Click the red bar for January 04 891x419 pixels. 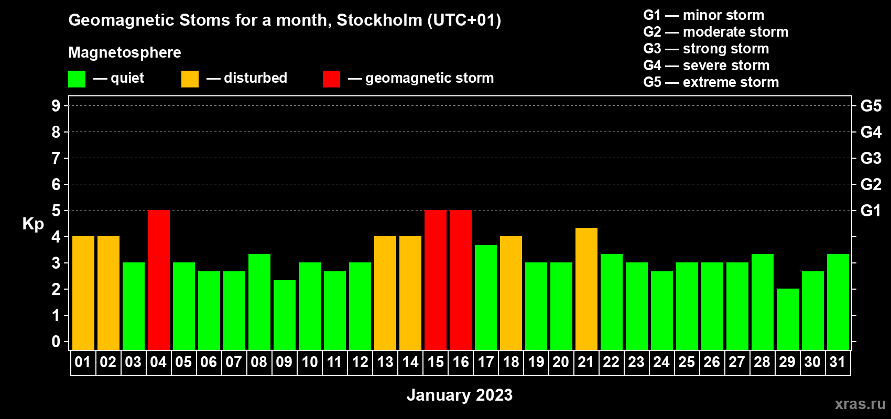tap(159, 280)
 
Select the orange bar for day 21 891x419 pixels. tap(586, 289)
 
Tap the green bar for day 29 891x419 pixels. tap(788, 319)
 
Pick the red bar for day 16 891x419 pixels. tap(461, 280)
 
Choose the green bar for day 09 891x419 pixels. tap(285, 315)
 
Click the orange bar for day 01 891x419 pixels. tap(83, 293)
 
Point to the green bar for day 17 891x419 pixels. tap(486, 297)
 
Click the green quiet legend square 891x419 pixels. tap(77, 79)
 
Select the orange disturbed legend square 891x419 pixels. tap(190, 79)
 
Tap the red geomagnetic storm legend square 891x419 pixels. tap(331, 79)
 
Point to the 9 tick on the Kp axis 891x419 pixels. tap(56, 106)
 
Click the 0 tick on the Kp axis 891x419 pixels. tap(56, 341)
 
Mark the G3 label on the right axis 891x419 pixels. tap(871, 158)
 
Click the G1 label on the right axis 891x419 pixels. tap(871, 211)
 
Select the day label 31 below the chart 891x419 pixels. tap(838, 362)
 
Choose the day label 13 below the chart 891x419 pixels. tap(385, 362)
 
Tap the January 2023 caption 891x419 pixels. tap(460, 395)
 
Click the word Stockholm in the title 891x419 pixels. tap(379, 20)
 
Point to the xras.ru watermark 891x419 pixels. tap(860, 404)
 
